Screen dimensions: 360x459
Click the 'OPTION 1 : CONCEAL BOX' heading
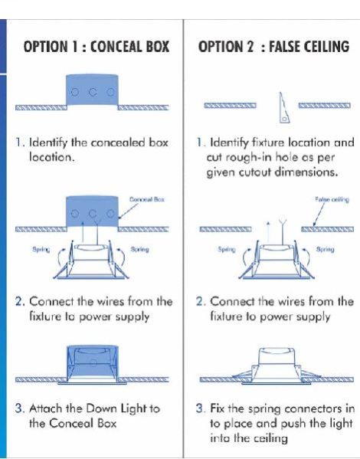point(97,47)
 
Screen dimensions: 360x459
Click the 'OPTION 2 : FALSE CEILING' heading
point(273,47)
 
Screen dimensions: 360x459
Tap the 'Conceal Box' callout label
point(147,200)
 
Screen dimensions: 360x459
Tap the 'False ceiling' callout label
point(332,200)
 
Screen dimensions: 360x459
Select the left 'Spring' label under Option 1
point(41,249)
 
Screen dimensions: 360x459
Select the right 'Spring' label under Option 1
point(139,249)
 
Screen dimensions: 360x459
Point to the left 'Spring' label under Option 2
point(227,249)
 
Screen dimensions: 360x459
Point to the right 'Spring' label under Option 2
point(326,249)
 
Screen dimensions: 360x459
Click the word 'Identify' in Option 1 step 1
point(49,143)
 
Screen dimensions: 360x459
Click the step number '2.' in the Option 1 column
point(20,301)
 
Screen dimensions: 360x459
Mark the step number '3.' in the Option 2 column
point(200,408)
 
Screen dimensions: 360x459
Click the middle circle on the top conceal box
point(93,93)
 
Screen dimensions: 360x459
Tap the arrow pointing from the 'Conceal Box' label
point(128,211)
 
